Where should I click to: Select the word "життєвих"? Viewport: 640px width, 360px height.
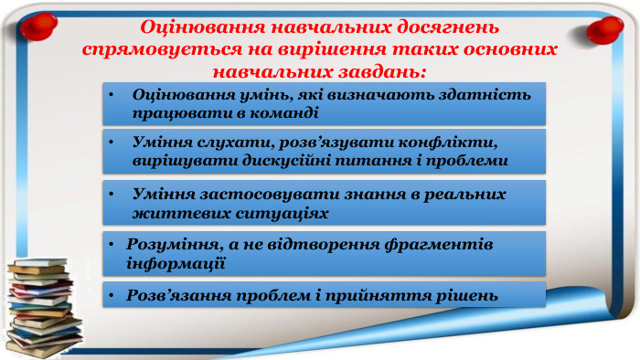(169, 212)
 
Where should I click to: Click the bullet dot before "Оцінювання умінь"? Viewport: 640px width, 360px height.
(109, 95)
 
